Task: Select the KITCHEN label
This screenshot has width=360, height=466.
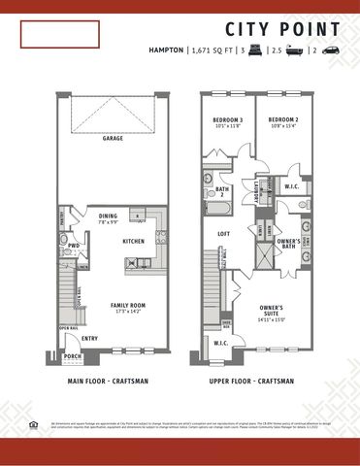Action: [x=133, y=241]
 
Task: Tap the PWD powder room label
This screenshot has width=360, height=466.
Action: [x=74, y=246]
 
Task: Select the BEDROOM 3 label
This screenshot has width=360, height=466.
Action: [x=227, y=120]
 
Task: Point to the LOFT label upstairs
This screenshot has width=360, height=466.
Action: [x=222, y=233]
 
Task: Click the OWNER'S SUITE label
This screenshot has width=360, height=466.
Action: [x=271, y=310]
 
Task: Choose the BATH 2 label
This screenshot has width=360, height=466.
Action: [x=222, y=191]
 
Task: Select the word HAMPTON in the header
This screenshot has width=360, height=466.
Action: [x=166, y=49]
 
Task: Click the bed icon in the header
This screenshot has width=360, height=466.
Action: [x=257, y=49]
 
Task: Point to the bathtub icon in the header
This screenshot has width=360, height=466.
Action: [x=295, y=49]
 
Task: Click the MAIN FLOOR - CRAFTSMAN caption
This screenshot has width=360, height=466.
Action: [x=109, y=382]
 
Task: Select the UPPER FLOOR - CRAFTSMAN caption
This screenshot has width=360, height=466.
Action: [x=252, y=382]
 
